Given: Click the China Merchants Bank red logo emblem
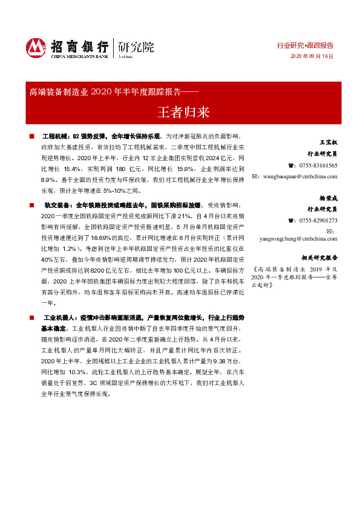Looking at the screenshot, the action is point(36,48).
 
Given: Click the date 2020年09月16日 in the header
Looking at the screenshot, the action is point(312,56).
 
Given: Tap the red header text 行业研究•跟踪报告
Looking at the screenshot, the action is point(305,45).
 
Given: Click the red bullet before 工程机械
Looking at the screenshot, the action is point(31,137).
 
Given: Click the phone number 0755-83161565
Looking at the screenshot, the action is point(316,165).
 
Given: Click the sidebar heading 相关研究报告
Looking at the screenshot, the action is point(316,256).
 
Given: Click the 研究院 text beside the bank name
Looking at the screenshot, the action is point(136,47).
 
